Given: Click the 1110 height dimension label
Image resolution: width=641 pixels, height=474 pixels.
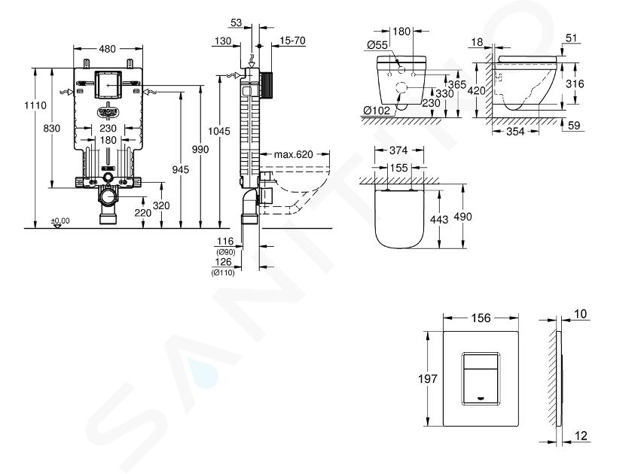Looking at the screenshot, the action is pyautogui.click(x=35, y=105).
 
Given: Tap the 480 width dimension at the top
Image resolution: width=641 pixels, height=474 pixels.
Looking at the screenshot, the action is pyautogui.click(x=108, y=49).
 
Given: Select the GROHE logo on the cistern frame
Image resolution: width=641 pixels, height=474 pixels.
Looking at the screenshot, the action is pyautogui.click(x=108, y=112).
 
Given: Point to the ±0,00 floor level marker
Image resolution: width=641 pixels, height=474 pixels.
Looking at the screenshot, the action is pyautogui.click(x=60, y=221).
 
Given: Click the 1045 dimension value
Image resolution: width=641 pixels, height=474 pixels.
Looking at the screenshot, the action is pyautogui.click(x=219, y=131).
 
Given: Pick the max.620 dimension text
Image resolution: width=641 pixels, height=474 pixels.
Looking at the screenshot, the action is pyautogui.click(x=294, y=154).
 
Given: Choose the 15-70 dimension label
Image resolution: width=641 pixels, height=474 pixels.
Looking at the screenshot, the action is pyautogui.click(x=293, y=41).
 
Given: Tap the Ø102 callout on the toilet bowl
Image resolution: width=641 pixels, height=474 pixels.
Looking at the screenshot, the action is pyautogui.click(x=377, y=111).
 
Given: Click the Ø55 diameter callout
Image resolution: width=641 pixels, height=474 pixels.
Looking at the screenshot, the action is pyautogui.click(x=377, y=45).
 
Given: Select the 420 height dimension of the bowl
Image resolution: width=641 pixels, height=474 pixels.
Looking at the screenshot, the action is pyautogui.click(x=476, y=90).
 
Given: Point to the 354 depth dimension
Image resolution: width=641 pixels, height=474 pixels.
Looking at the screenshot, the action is pyautogui.click(x=515, y=131).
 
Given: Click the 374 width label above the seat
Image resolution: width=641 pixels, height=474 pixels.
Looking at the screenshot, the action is pyautogui.click(x=398, y=150).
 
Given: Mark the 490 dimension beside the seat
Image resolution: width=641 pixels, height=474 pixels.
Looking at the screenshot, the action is pyautogui.click(x=463, y=217).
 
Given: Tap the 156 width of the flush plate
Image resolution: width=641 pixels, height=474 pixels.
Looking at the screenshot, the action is pyautogui.click(x=481, y=318).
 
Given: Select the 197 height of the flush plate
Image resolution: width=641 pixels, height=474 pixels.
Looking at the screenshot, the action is pyautogui.click(x=428, y=379).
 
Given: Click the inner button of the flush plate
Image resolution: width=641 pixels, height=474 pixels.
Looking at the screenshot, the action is pyautogui.click(x=481, y=378).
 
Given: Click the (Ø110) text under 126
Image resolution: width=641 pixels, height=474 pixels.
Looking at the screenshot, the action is pyautogui.click(x=223, y=272).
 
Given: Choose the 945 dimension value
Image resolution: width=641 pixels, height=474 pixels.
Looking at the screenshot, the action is pyautogui.click(x=180, y=169).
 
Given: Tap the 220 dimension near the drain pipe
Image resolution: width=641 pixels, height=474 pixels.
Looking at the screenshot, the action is pyautogui.click(x=143, y=213).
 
